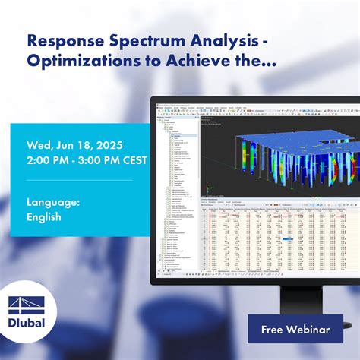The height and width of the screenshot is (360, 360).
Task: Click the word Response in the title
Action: [x=60, y=40]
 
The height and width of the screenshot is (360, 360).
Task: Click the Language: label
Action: [x=54, y=201]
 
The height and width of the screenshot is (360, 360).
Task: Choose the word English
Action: [x=44, y=216]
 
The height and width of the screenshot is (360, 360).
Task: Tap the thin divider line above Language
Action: [x=79, y=181]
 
